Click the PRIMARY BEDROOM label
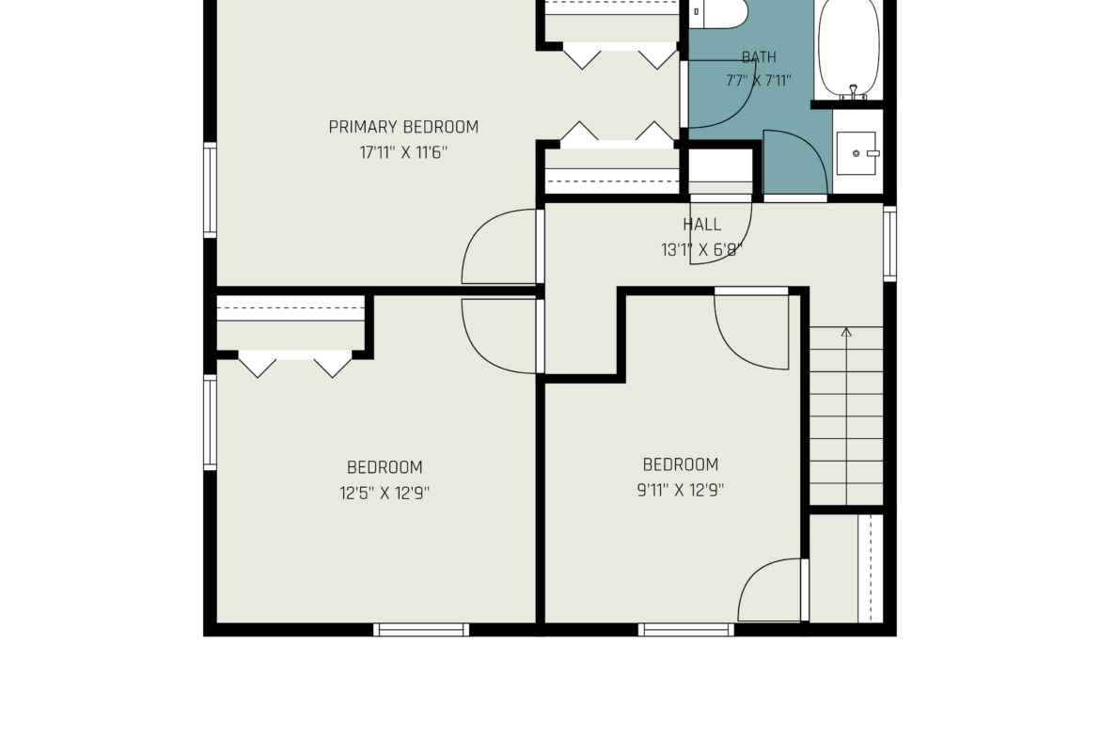click(x=403, y=127)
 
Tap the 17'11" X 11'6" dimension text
click(x=403, y=152)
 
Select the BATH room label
click(x=759, y=56)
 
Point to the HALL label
click(x=701, y=225)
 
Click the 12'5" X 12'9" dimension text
click(x=385, y=494)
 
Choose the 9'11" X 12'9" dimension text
click(x=681, y=491)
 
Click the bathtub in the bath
click(x=848, y=49)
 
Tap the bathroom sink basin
click(x=856, y=153)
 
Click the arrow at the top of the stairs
click(x=847, y=332)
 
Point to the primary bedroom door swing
click(x=499, y=246)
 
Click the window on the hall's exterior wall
click(x=889, y=243)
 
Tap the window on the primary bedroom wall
click(x=210, y=190)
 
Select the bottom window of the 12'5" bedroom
click(x=421, y=629)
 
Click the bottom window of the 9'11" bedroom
click(x=686, y=629)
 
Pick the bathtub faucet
click(x=853, y=92)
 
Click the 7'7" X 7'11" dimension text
click(x=759, y=81)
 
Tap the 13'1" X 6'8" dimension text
click(x=701, y=250)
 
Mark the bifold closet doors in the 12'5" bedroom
click(x=294, y=364)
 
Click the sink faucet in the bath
click(x=872, y=153)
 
